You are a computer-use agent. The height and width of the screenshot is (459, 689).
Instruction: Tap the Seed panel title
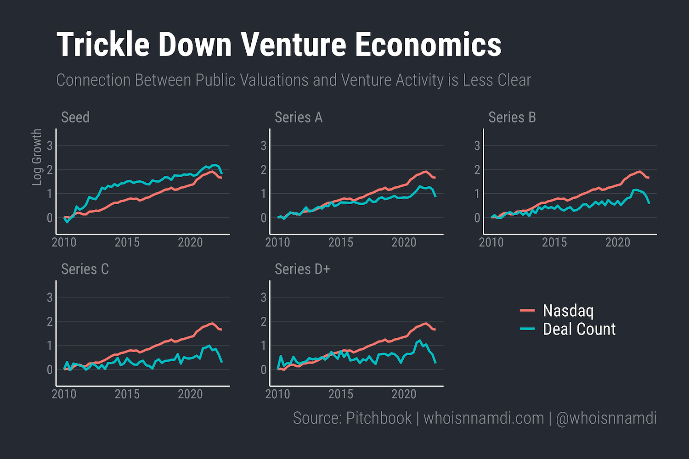(x=75, y=118)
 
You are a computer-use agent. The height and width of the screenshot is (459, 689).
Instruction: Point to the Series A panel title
(x=299, y=118)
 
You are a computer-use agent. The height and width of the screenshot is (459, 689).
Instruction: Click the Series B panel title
(x=512, y=118)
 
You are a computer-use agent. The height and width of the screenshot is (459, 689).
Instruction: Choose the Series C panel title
(x=85, y=269)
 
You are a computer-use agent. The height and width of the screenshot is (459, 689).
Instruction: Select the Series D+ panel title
(x=302, y=269)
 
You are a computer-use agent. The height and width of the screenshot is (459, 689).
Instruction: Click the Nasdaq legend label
(x=568, y=311)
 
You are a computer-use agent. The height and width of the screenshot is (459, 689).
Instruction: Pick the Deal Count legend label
(x=579, y=329)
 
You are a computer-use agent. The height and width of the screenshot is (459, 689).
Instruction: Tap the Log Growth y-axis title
(x=37, y=157)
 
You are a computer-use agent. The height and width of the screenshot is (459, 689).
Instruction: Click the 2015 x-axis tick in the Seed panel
(x=127, y=242)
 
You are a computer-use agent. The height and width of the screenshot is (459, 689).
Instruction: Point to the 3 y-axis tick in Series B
(x=477, y=146)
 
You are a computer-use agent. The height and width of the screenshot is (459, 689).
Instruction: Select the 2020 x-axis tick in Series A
(x=404, y=242)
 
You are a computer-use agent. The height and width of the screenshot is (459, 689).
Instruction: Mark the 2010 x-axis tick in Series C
(x=64, y=394)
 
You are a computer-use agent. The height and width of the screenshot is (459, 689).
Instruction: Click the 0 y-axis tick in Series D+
(x=264, y=369)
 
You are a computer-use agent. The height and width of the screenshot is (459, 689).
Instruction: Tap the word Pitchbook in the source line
(x=379, y=418)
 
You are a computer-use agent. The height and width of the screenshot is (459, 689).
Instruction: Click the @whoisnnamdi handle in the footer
(x=606, y=418)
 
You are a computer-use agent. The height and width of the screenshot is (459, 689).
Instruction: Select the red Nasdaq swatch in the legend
(x=527, y=311)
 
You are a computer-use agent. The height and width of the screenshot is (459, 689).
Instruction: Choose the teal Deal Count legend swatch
(x=527, y=329)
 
